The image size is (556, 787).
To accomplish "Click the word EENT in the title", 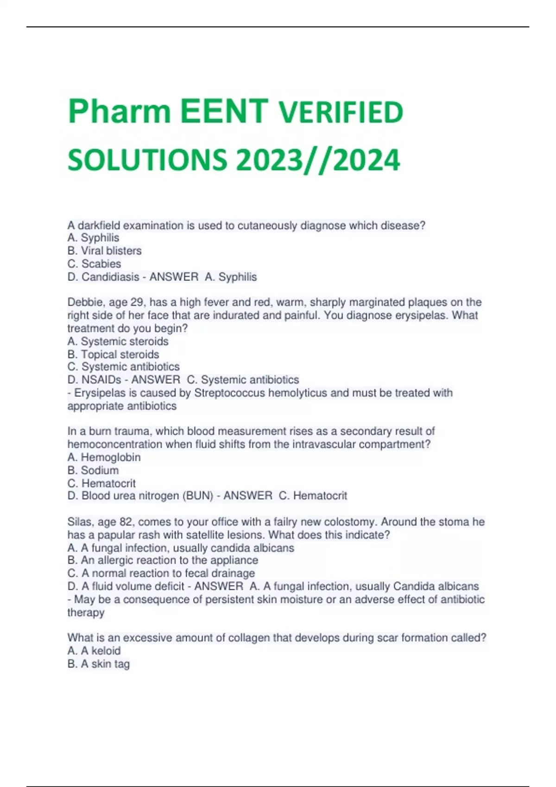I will tap(224, 112).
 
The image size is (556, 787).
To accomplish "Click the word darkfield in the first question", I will tap(100, 225).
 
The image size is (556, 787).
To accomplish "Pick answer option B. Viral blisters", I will tap(105, 251).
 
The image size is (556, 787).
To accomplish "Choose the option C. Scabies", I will tap(95, 264).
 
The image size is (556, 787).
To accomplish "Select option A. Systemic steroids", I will tap(118, 342).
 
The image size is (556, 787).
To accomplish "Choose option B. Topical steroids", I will tap(114, 355).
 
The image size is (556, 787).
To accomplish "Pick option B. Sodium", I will tap(93, 470).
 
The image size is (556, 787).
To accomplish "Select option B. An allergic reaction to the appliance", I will tap(163, 560).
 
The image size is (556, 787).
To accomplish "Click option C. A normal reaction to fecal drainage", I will tap(161, 573).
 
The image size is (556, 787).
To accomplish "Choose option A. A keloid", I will tap(94, 651).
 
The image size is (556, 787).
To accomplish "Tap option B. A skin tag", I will tap(99, 664).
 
